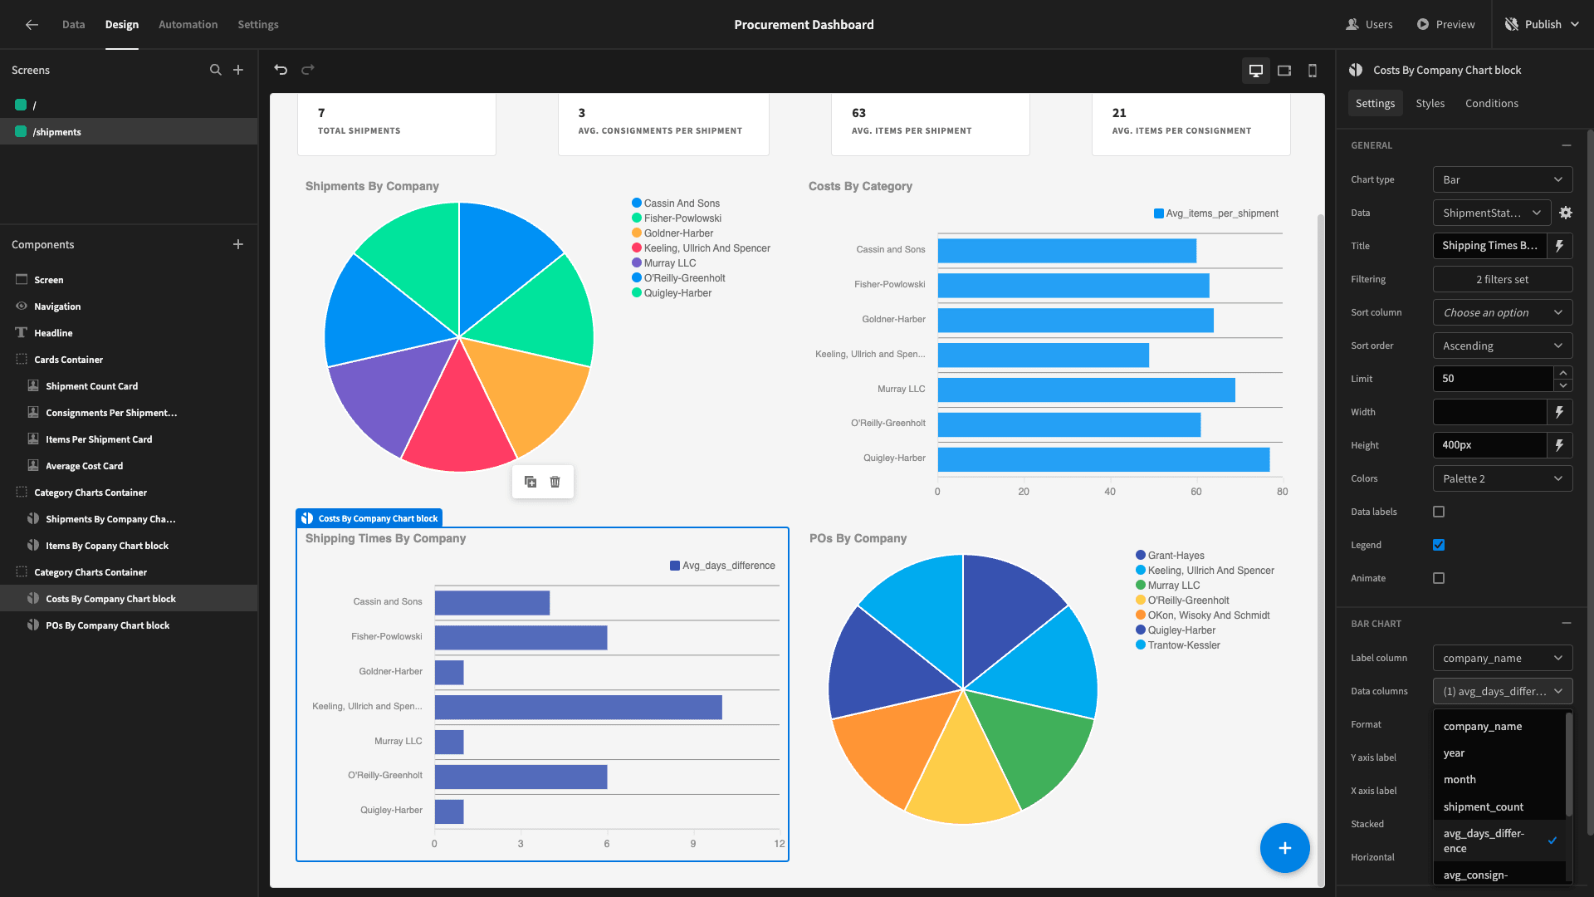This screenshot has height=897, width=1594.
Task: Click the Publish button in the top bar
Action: [1542, 24]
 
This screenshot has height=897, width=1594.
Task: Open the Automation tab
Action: [188, 24]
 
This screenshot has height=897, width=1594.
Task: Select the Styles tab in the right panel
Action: [1430, 103]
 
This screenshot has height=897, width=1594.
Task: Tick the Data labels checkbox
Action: [1439, 512]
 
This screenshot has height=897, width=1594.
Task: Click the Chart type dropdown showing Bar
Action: [1503, 179]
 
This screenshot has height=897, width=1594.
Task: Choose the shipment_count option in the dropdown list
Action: [1483, 806]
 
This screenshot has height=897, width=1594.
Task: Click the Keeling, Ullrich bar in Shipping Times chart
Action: [578, 707]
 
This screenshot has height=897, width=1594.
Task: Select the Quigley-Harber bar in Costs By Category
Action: [1103, 459]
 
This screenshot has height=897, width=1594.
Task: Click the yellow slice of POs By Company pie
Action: [963, 772]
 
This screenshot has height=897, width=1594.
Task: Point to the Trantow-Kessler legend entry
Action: [1178, 645]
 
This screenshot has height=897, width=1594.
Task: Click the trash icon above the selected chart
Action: [555, 482]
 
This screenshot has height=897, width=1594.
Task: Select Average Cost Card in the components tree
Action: [84, 466]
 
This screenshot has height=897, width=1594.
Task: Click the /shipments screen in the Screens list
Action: [56, 132]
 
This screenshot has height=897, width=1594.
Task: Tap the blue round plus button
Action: [1284, 848]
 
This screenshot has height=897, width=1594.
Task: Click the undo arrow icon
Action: [281, 70]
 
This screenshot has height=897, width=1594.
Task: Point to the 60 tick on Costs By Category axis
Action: [1195, 492]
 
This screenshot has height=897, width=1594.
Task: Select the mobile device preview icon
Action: [1313, 71]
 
